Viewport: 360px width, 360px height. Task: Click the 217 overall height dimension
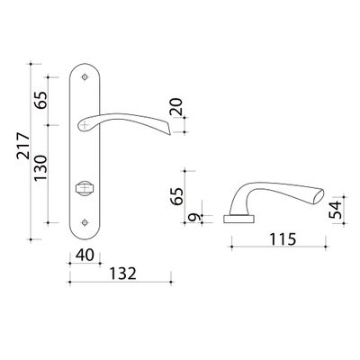(23, 146)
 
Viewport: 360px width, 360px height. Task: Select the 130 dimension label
(40, 167)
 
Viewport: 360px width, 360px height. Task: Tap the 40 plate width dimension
(85, 256)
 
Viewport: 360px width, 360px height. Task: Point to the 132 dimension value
(122, 274)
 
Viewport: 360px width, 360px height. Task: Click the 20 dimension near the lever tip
(176, 107)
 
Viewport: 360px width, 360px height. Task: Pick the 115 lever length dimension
(283, 239)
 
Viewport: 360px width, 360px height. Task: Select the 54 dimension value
(336, 210)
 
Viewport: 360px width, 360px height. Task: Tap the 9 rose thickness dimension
(195, 217)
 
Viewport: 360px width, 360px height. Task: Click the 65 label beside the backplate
(40, 100)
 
